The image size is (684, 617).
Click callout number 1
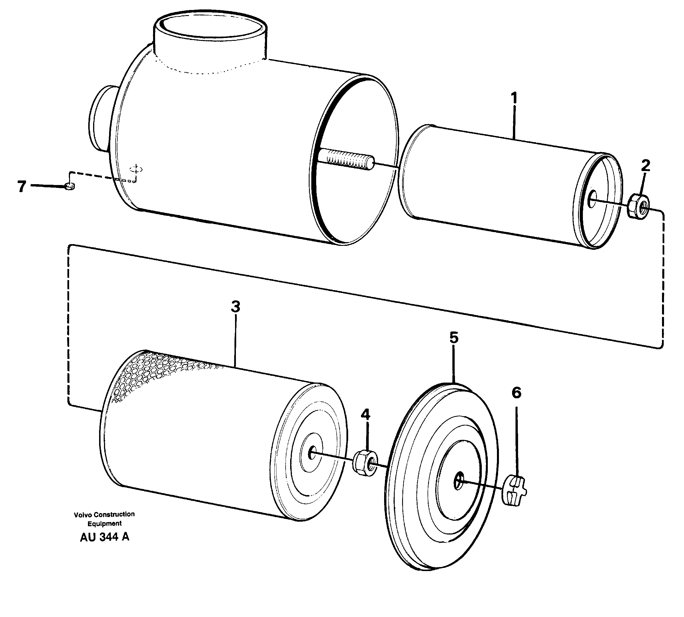(514, 98)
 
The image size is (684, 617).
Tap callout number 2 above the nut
(645, 166)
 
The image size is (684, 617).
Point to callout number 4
(365, 414)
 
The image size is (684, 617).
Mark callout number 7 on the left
(22, 186)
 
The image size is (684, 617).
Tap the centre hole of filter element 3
(311, 453)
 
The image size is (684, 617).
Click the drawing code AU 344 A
(105, 537)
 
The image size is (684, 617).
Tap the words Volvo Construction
(105, 514)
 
